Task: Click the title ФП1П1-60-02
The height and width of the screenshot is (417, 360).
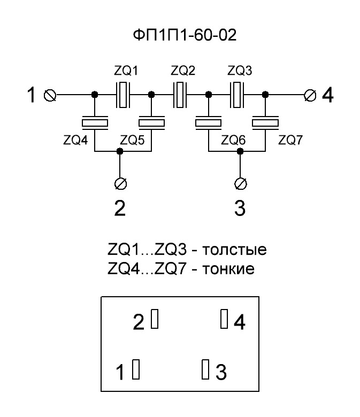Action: click(185, 35)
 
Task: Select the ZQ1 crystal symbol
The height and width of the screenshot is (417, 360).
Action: click(123, 95)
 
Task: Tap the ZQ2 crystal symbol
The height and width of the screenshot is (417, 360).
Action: click(180, 95)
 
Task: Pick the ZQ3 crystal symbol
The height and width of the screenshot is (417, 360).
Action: click(237, 95)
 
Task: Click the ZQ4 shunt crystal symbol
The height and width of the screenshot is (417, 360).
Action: click(95, 123)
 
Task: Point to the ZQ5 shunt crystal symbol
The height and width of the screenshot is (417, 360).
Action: click(152, 123)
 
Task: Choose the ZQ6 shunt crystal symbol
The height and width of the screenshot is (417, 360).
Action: click(208, 123)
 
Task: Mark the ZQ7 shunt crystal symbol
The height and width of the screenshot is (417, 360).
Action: click(265, 123)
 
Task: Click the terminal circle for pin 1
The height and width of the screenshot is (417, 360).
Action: click(50, 95)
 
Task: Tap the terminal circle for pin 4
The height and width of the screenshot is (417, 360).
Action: click(310, 95)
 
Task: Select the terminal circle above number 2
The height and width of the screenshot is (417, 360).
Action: click(120, 183)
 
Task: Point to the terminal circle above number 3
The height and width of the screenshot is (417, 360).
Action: click(241, 183)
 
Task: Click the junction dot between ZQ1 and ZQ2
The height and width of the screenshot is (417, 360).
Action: click(151, 95)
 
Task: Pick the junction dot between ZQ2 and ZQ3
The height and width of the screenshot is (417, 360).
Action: click(209, 95)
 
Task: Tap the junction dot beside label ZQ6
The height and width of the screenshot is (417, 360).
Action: click(240, 151)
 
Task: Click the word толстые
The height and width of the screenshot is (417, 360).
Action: click(234, 250)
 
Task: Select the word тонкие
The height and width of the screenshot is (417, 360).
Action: click(228, 269)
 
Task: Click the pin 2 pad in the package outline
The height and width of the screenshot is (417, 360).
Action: click(155, 318)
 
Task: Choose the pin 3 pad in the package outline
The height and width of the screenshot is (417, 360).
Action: click(205, 369)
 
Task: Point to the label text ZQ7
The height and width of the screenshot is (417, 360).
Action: click(290, 140)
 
